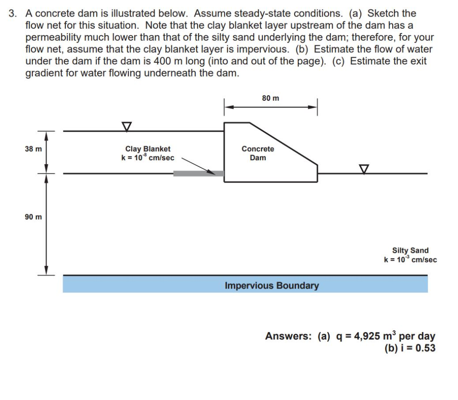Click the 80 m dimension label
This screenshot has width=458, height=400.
[x=271, y=98]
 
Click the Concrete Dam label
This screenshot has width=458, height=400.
[x=258, y=153]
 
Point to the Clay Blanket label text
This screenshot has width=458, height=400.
[x=148, y=149]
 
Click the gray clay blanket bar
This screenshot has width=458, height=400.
[x=198, y=173]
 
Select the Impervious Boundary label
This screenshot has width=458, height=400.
[x=271, y=285]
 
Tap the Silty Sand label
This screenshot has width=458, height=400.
[x=410, y=251]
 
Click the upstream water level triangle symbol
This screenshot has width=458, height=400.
[x=127, y=127]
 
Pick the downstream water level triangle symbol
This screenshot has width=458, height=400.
[x=364, y=169]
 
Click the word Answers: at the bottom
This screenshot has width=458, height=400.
[x=288, y=336]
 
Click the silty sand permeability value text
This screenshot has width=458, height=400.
[x=410, y=260]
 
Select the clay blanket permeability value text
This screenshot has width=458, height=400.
[x=148, y=158]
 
